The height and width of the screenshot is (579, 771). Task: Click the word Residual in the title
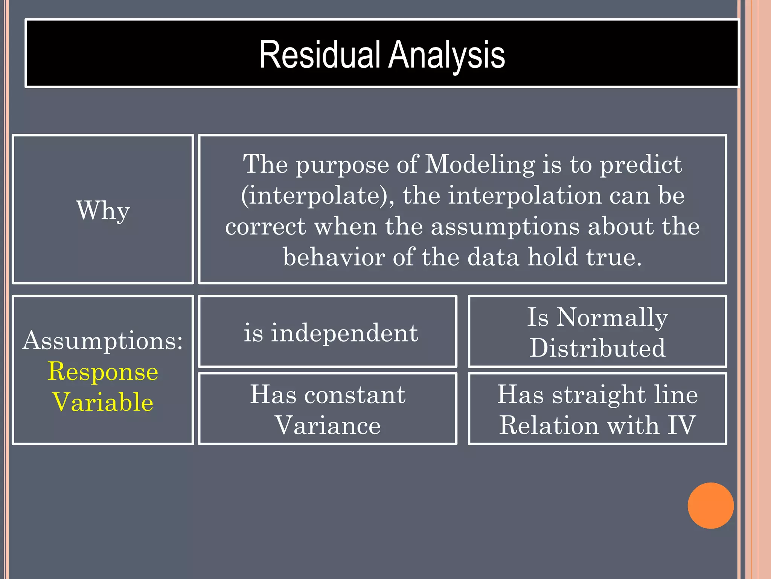click(320, 56)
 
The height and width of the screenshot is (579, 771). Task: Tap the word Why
click(103, 211)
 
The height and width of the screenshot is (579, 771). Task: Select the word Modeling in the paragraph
click(480, 164)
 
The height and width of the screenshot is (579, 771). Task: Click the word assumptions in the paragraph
click(505, 227)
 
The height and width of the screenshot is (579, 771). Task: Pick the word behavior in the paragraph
click(334, 257)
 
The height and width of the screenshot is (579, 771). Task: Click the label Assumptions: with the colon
click(102, 341)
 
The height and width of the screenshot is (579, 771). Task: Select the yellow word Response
click(103, 372)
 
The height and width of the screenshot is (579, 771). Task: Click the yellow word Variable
click(103, 402)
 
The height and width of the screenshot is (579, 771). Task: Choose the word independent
click(344, 333)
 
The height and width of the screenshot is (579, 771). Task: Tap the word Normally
click(612, 317)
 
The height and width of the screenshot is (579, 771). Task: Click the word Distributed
click(597, 348)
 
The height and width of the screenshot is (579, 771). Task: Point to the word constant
click(355, 395)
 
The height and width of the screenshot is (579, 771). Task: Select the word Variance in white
click(328, 426)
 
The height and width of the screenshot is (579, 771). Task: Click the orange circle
click(710, 505)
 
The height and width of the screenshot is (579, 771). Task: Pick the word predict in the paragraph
click(640, 164)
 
